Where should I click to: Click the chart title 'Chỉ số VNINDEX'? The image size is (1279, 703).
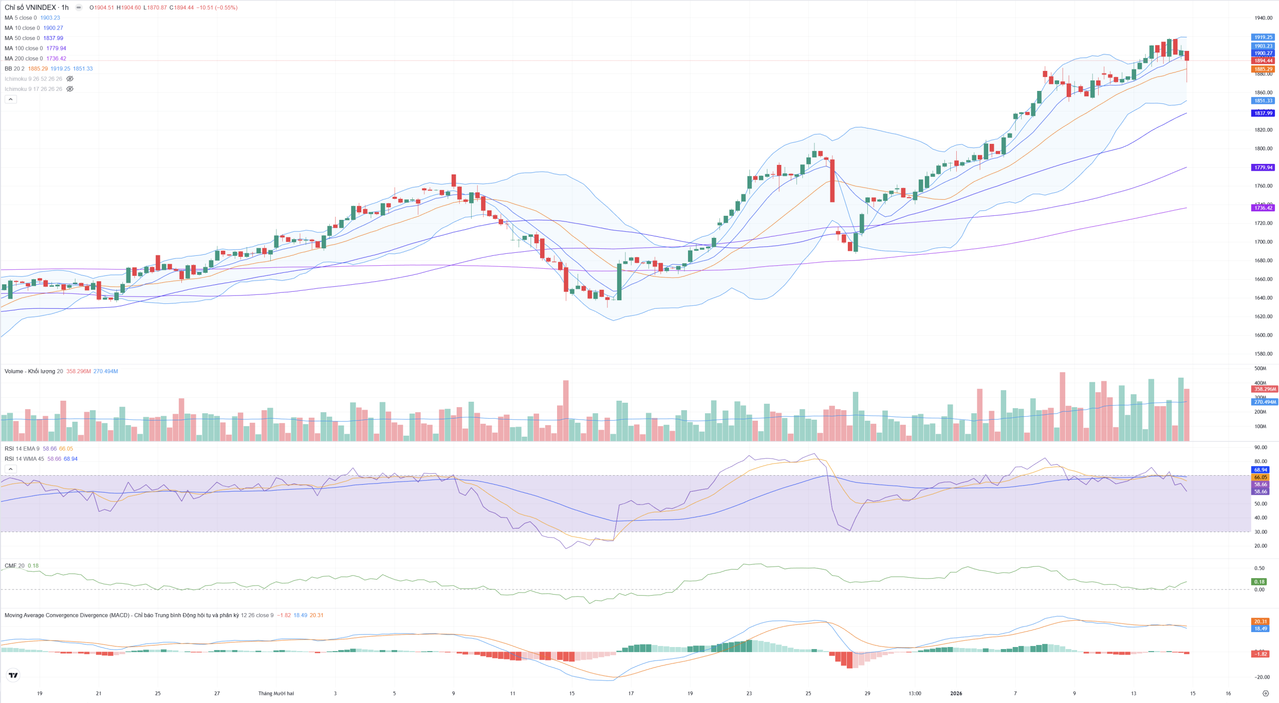coord(30,7)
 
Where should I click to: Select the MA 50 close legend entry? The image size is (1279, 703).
coord(22,38)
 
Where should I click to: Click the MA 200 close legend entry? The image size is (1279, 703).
coord(23,58)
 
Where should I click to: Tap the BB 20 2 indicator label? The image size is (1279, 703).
coord(14,68)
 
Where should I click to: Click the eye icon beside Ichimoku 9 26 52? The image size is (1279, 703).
coord(70,79)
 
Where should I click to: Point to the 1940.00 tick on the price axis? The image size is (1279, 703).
coord(1263,18)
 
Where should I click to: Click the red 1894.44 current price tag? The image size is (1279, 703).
coord(1263,60)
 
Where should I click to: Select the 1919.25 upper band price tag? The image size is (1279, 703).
coord(1263,37)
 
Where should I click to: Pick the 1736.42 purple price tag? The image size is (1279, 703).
coord(1263,208)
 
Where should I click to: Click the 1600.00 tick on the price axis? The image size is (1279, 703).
coord(1263,335)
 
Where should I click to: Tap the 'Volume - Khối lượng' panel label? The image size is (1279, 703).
coord(30,371)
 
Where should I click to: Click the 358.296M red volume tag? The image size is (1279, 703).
coord(1265,389)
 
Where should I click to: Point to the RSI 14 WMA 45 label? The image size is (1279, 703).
coord(24,459)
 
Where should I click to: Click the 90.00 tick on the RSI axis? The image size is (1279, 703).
coord(1261,448)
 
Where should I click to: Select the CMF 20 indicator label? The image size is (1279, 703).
coord(14,566)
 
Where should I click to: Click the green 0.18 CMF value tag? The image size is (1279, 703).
coord(1260,582)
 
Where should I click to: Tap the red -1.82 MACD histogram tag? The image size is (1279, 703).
coord(1261,654)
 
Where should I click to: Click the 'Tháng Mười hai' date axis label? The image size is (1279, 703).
coord(276,694)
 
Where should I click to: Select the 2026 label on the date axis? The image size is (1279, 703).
coord(956,694)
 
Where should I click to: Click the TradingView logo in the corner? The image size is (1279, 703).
coord(13,675)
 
